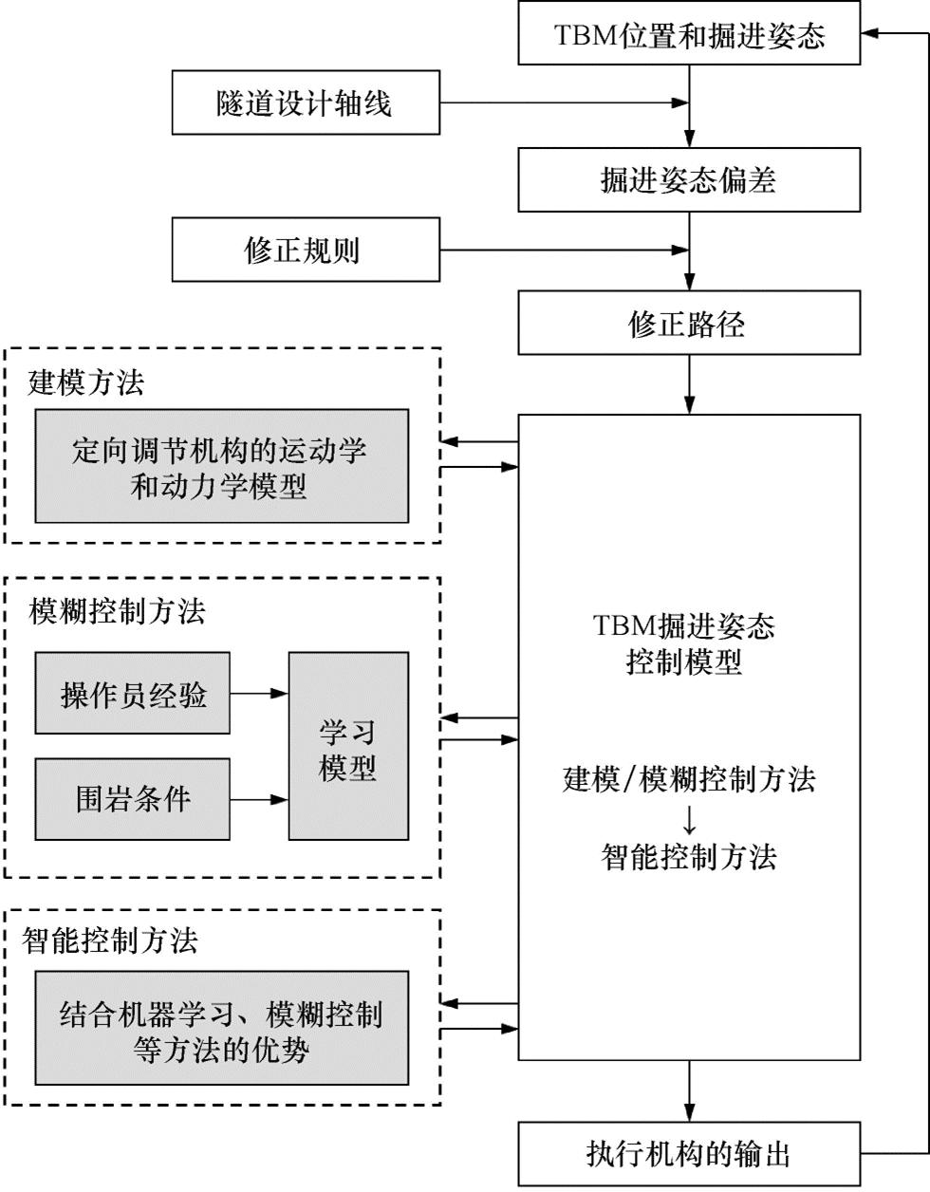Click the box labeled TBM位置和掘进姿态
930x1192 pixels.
[689, 35]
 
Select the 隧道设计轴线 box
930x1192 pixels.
[306, 102]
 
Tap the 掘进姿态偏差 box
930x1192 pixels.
[689, 179]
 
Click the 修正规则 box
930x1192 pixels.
[306, 250]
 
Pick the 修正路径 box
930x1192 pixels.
[689, 324]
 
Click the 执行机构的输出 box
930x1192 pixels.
[689, 1153]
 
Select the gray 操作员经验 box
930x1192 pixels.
[133, 694]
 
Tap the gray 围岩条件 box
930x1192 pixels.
[133, 799]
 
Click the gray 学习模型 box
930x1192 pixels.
[348, 747]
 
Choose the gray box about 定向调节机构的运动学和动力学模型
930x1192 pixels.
[222, 467]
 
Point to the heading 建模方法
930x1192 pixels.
[86, 382]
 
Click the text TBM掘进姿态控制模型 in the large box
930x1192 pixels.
[685, 643]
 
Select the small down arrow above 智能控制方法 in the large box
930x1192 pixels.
[690, 818]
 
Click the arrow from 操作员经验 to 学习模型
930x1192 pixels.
[259, 694]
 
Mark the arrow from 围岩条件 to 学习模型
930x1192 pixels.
[259, 799]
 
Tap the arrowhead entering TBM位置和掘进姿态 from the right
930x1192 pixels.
[872, 34]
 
